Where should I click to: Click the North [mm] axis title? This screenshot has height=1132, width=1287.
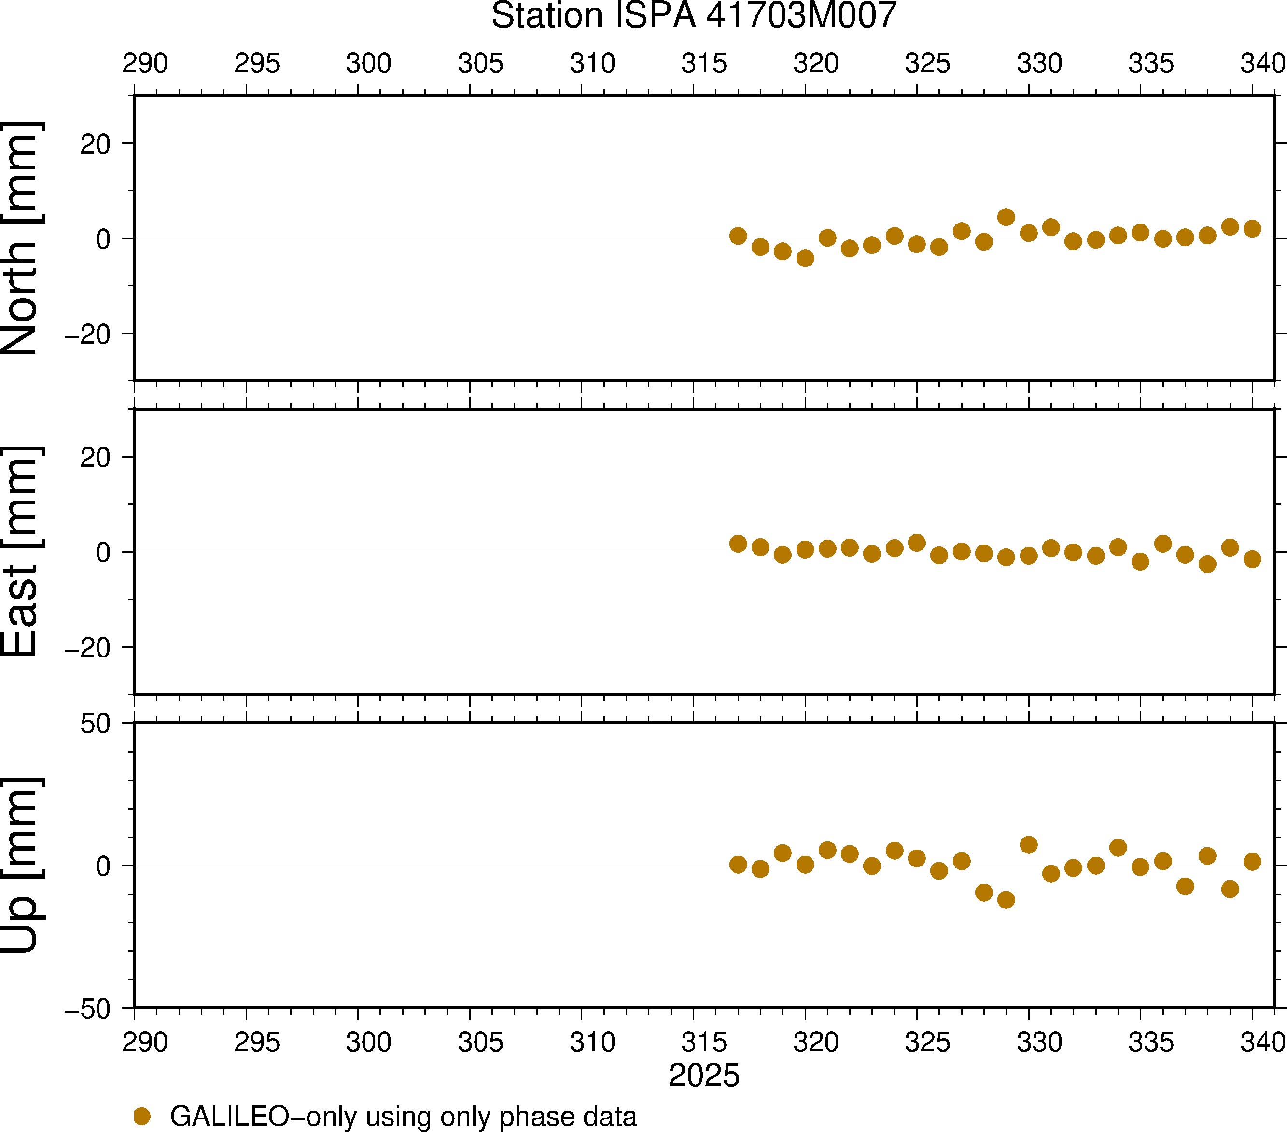(x=21, y=238)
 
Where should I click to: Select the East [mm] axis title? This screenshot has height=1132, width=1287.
(x=21, y=552)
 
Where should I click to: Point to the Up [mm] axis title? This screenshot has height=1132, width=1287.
(x=21, y=865)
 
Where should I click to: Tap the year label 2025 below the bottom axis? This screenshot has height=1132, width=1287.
(x=704, y=1076)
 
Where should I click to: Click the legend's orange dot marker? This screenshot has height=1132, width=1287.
(x=142, y=1116)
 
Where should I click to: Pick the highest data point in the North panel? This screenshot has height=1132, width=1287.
(x=1006, y=217)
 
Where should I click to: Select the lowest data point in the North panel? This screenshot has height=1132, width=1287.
(x=805, y=258)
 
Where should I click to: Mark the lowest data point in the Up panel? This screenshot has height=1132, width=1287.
(x=1006, y=900)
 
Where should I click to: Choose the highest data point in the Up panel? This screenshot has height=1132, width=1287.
(x=1029, y=845)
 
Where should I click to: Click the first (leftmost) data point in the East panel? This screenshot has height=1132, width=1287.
(x=738, y=544)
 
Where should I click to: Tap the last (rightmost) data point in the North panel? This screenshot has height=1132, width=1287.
(x=1252, y=228)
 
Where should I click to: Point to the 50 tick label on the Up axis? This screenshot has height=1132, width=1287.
(x=95, y=724)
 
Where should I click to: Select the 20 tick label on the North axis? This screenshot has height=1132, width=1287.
(x=95, y=145)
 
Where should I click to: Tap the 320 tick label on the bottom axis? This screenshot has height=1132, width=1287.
(x=816, y=1043)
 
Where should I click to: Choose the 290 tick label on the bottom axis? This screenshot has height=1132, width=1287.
(x=145, y=1043)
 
